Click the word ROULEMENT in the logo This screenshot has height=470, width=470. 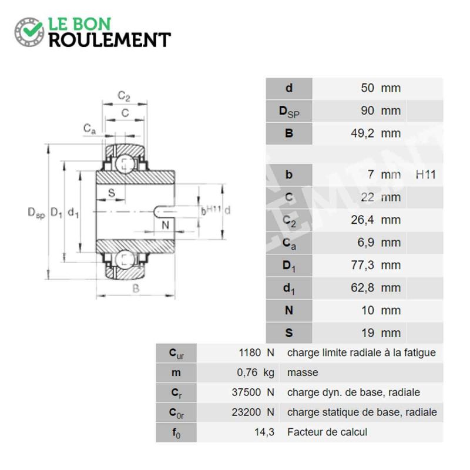coord(110,40)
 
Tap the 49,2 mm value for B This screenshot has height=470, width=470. coord(375,133)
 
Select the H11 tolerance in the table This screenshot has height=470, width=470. coord(425,174)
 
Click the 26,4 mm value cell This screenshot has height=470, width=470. coord(375,220)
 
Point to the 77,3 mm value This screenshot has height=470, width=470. coord(375,265)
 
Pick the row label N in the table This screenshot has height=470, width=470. coord(289,310)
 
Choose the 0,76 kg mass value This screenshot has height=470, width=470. coord(256,372)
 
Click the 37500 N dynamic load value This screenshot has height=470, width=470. coord(253,392)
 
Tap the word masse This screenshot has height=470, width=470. coord(303,372)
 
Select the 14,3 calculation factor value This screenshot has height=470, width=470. coord(264,432)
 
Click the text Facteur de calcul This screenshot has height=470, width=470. coord(327,432)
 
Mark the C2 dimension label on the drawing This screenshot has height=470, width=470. coord(124,96)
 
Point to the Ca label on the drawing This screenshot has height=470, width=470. coord(89,129)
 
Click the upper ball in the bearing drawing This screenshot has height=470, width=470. coord(125,164)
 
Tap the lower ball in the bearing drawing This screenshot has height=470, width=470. coord(125,260)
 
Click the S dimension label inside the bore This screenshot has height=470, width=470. coord(112,193)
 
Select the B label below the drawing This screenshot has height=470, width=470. coord(136,288)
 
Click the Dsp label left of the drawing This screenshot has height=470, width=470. coord(36,213)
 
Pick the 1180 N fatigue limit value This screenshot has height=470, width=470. coord(257,353)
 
